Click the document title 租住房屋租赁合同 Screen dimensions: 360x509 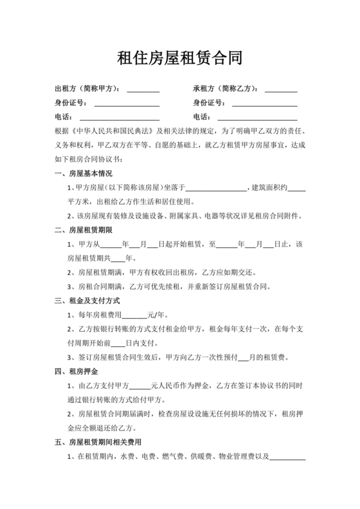(x=179, y=59)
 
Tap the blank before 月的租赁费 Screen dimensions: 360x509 (x=243, y=358)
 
